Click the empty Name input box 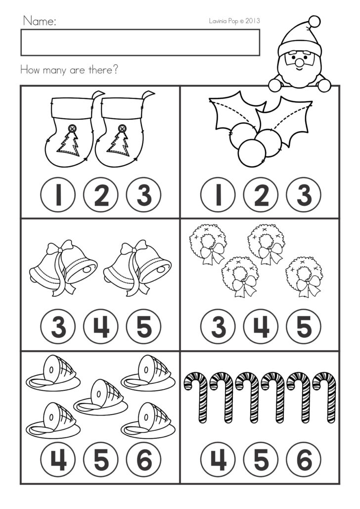click(x=140, y=43)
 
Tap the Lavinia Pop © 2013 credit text click(x=234, y=21)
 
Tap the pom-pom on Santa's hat click(x=314, y=21)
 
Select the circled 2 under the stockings click(x=101, y=196)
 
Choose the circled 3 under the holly click(x=304, y=196)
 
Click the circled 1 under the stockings click(x=58, y=196)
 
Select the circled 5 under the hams click(x=101, y=460)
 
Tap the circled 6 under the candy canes click(x=304, y=460)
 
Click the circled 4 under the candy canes click(x=219, y=460)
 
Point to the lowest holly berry click(x=252, y=153)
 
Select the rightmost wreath click(x=304, y=275)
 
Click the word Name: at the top click(x=39, y=21)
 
